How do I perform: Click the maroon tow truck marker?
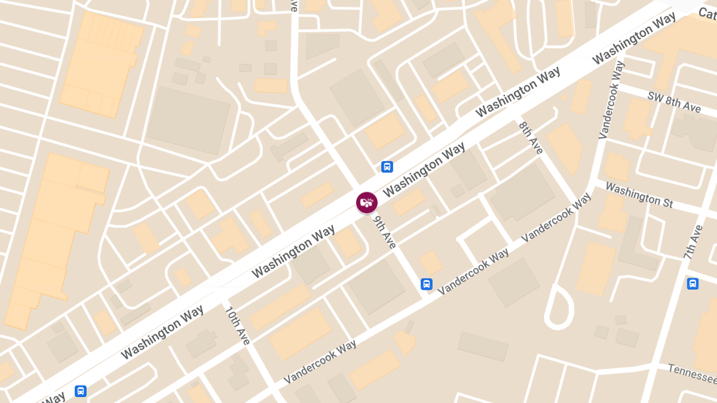[367, 202]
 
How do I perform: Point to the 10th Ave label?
[237, 325]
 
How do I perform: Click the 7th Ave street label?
[694, 242]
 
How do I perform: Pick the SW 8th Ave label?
[674, 102]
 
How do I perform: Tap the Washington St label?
[639, 195]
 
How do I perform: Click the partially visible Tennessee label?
[692, 374]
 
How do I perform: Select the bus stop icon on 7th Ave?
[693, 284]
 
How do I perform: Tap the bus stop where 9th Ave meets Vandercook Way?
[426, 284]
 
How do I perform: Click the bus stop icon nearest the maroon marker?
[387, 167]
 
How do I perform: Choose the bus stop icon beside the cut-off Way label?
[81, 391]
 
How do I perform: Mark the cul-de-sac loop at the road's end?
[558, 307]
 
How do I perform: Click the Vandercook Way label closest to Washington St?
[556, 216]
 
